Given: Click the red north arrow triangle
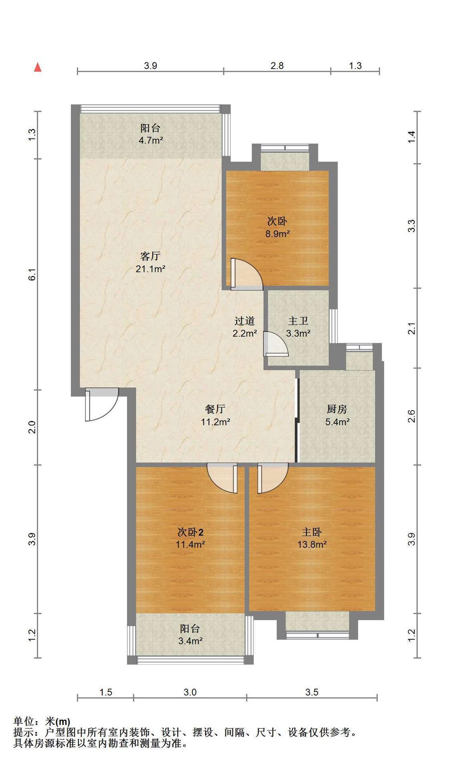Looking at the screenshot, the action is (x=38, y=67).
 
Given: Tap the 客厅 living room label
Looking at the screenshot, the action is (x=151, y=256).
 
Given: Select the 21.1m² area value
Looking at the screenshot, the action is (x=151, y=269).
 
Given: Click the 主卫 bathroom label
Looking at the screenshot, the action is (x=298, y=321).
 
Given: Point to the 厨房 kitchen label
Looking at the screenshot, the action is (x=337, y=409).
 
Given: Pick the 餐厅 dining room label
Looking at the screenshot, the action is (x=215, y=409).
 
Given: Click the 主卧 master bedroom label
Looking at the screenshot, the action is (x=312, y=532).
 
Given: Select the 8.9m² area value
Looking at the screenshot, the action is (x=277, y=234).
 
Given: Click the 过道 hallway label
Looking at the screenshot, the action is (x=245, y=321).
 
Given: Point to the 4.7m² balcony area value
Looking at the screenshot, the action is (x=151, y=141).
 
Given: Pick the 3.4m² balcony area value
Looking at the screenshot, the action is (x=190, y=640).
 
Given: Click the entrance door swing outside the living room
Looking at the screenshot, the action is (x=102, y=405).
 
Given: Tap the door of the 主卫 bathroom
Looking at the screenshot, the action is (x=276, y=344).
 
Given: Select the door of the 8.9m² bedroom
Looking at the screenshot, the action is (x=246, y=274).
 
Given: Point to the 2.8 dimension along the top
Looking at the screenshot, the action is (x=277, y=65).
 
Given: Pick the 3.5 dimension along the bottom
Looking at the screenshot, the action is (x=312, y=692).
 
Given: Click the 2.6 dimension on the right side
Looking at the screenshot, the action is (x=411, y=417).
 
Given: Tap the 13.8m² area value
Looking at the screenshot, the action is (x=312, y=544).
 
